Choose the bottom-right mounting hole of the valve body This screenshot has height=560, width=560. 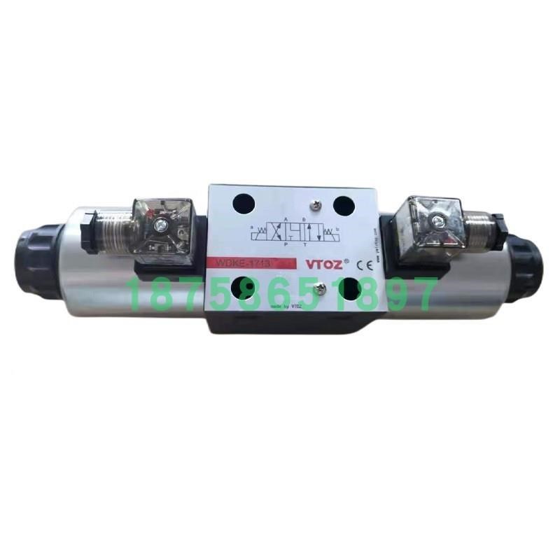(350, 289)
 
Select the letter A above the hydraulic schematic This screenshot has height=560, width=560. (283, 218)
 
